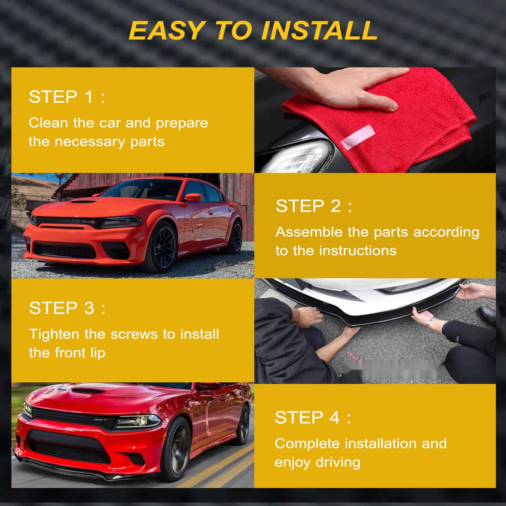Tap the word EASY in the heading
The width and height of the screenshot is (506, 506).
(x=166, y=30)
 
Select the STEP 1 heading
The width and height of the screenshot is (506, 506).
(x=67, y=97)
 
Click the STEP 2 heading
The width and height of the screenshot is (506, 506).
(x=314, y=206)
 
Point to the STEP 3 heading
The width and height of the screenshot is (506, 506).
(x=67, y=308)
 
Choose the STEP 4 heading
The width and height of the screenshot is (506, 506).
(x=313, y=417)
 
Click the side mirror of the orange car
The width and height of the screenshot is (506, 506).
(x=193, y=198)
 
